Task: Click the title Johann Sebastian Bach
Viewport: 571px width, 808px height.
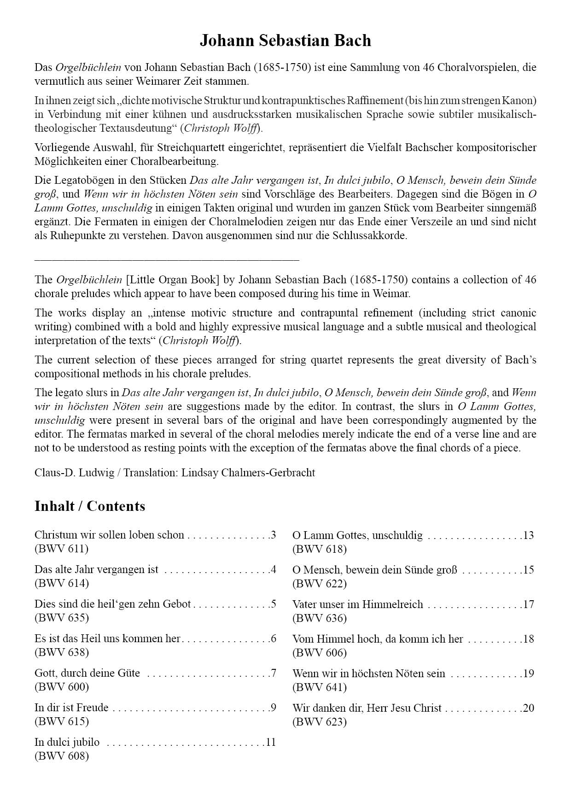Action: (x=285, y=41)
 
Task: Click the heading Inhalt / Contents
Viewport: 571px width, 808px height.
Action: (x=90, y=506)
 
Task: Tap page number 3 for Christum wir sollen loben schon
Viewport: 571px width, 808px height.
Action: (x=273, y=535)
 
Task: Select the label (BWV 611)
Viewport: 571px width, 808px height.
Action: (x=62, y=549)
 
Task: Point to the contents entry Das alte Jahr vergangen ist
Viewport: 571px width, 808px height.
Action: (x=96, y=569)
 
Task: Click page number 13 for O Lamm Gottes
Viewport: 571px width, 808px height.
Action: (x=528, y=535)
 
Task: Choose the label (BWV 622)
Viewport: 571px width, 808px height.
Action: (x=320, y=583)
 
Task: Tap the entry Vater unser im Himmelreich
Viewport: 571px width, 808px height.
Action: (x=357, y=604)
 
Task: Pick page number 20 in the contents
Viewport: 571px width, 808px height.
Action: (x=528, y=708)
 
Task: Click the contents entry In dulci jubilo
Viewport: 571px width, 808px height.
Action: (x=67, y=742)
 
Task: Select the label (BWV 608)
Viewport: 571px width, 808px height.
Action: (x=62, y=756)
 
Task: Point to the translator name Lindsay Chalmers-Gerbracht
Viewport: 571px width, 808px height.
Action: (x=248, y=473)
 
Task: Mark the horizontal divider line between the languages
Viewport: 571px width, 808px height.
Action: (x=167, y=260)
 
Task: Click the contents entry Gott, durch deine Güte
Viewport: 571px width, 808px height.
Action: (x=87, y=673)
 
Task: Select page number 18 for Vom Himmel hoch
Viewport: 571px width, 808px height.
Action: (x=528, y=639)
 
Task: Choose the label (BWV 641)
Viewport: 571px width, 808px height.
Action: (x=320, y=687)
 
